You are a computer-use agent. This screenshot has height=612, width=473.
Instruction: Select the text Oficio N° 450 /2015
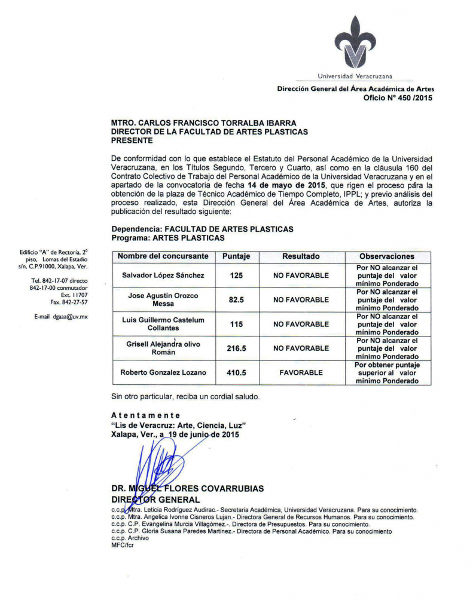point(397,98)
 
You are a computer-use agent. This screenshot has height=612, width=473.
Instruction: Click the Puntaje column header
point(236,256)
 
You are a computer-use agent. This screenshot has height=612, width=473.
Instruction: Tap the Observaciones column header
point(387,256)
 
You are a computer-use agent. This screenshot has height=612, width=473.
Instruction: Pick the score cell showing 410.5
point(236,372)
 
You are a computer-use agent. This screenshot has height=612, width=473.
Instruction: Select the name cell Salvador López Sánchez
point(163,276)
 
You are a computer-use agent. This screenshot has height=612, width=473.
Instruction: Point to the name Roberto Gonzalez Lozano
point(163,372)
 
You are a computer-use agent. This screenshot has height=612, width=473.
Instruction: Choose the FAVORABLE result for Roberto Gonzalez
point(301,372)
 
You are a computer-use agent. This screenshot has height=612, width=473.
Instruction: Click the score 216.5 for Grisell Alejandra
point(236,348)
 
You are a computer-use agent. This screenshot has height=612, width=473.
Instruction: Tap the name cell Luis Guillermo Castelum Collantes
point(163,324)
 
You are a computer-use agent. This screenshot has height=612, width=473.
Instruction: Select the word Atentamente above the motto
point(146,415)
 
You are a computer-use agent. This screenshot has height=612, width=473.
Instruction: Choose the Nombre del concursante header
point(163,256)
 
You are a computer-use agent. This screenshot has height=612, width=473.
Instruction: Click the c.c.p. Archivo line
point(130,538)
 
